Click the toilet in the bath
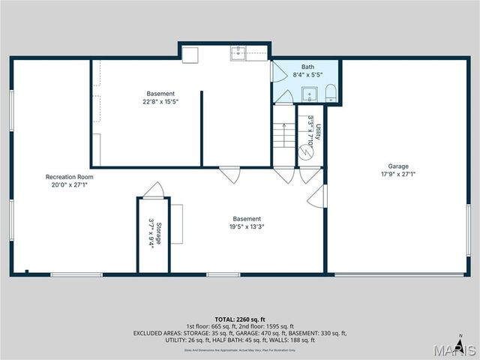pos(331,93)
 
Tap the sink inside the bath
pos(309,94)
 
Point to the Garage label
pos(398,166)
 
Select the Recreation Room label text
pos(69,177)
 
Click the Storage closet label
pos(159,232)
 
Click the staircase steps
pos(283,136)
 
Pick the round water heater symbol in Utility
pos(306,151)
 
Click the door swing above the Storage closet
pos(153,190)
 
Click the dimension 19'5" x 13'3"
pos(247,226)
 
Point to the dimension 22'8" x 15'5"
pos(160,101)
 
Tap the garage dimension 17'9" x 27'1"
pos(398,174)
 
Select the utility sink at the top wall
pos(238,53)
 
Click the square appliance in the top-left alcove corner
pos(190,55)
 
